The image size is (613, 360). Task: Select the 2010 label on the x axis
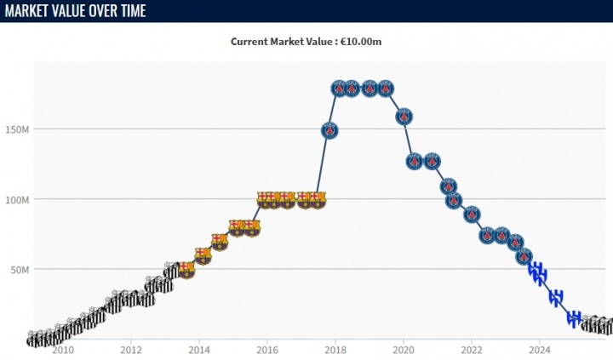63,350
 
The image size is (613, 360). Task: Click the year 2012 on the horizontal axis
131,350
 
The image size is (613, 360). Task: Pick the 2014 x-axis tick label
199,350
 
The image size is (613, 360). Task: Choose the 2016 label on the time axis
267,350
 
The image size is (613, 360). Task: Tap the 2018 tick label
335,350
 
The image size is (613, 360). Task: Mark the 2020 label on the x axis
404,350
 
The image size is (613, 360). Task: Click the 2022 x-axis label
472,350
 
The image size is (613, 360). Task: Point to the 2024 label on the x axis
540,350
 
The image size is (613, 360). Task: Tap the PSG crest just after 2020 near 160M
405,117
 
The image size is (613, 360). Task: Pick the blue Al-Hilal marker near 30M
556,297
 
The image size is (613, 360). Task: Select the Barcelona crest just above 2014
203,254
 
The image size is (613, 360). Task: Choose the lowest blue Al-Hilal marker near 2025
575,318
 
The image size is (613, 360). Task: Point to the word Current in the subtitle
251,41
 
